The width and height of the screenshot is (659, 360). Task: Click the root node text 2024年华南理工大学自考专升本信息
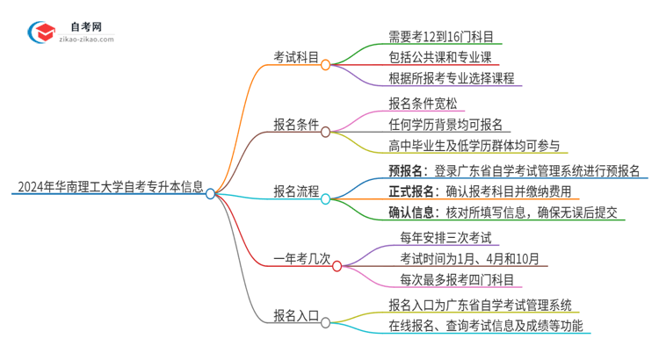[x=110, y=186]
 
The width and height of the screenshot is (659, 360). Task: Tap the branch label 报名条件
[x=294, y=124]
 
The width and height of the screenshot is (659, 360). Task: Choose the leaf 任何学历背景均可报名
[x=445, y=125]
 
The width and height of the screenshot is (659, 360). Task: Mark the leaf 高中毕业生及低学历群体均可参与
[x=474, y=146]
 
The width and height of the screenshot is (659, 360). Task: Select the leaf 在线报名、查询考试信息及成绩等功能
[x=489, y=327]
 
